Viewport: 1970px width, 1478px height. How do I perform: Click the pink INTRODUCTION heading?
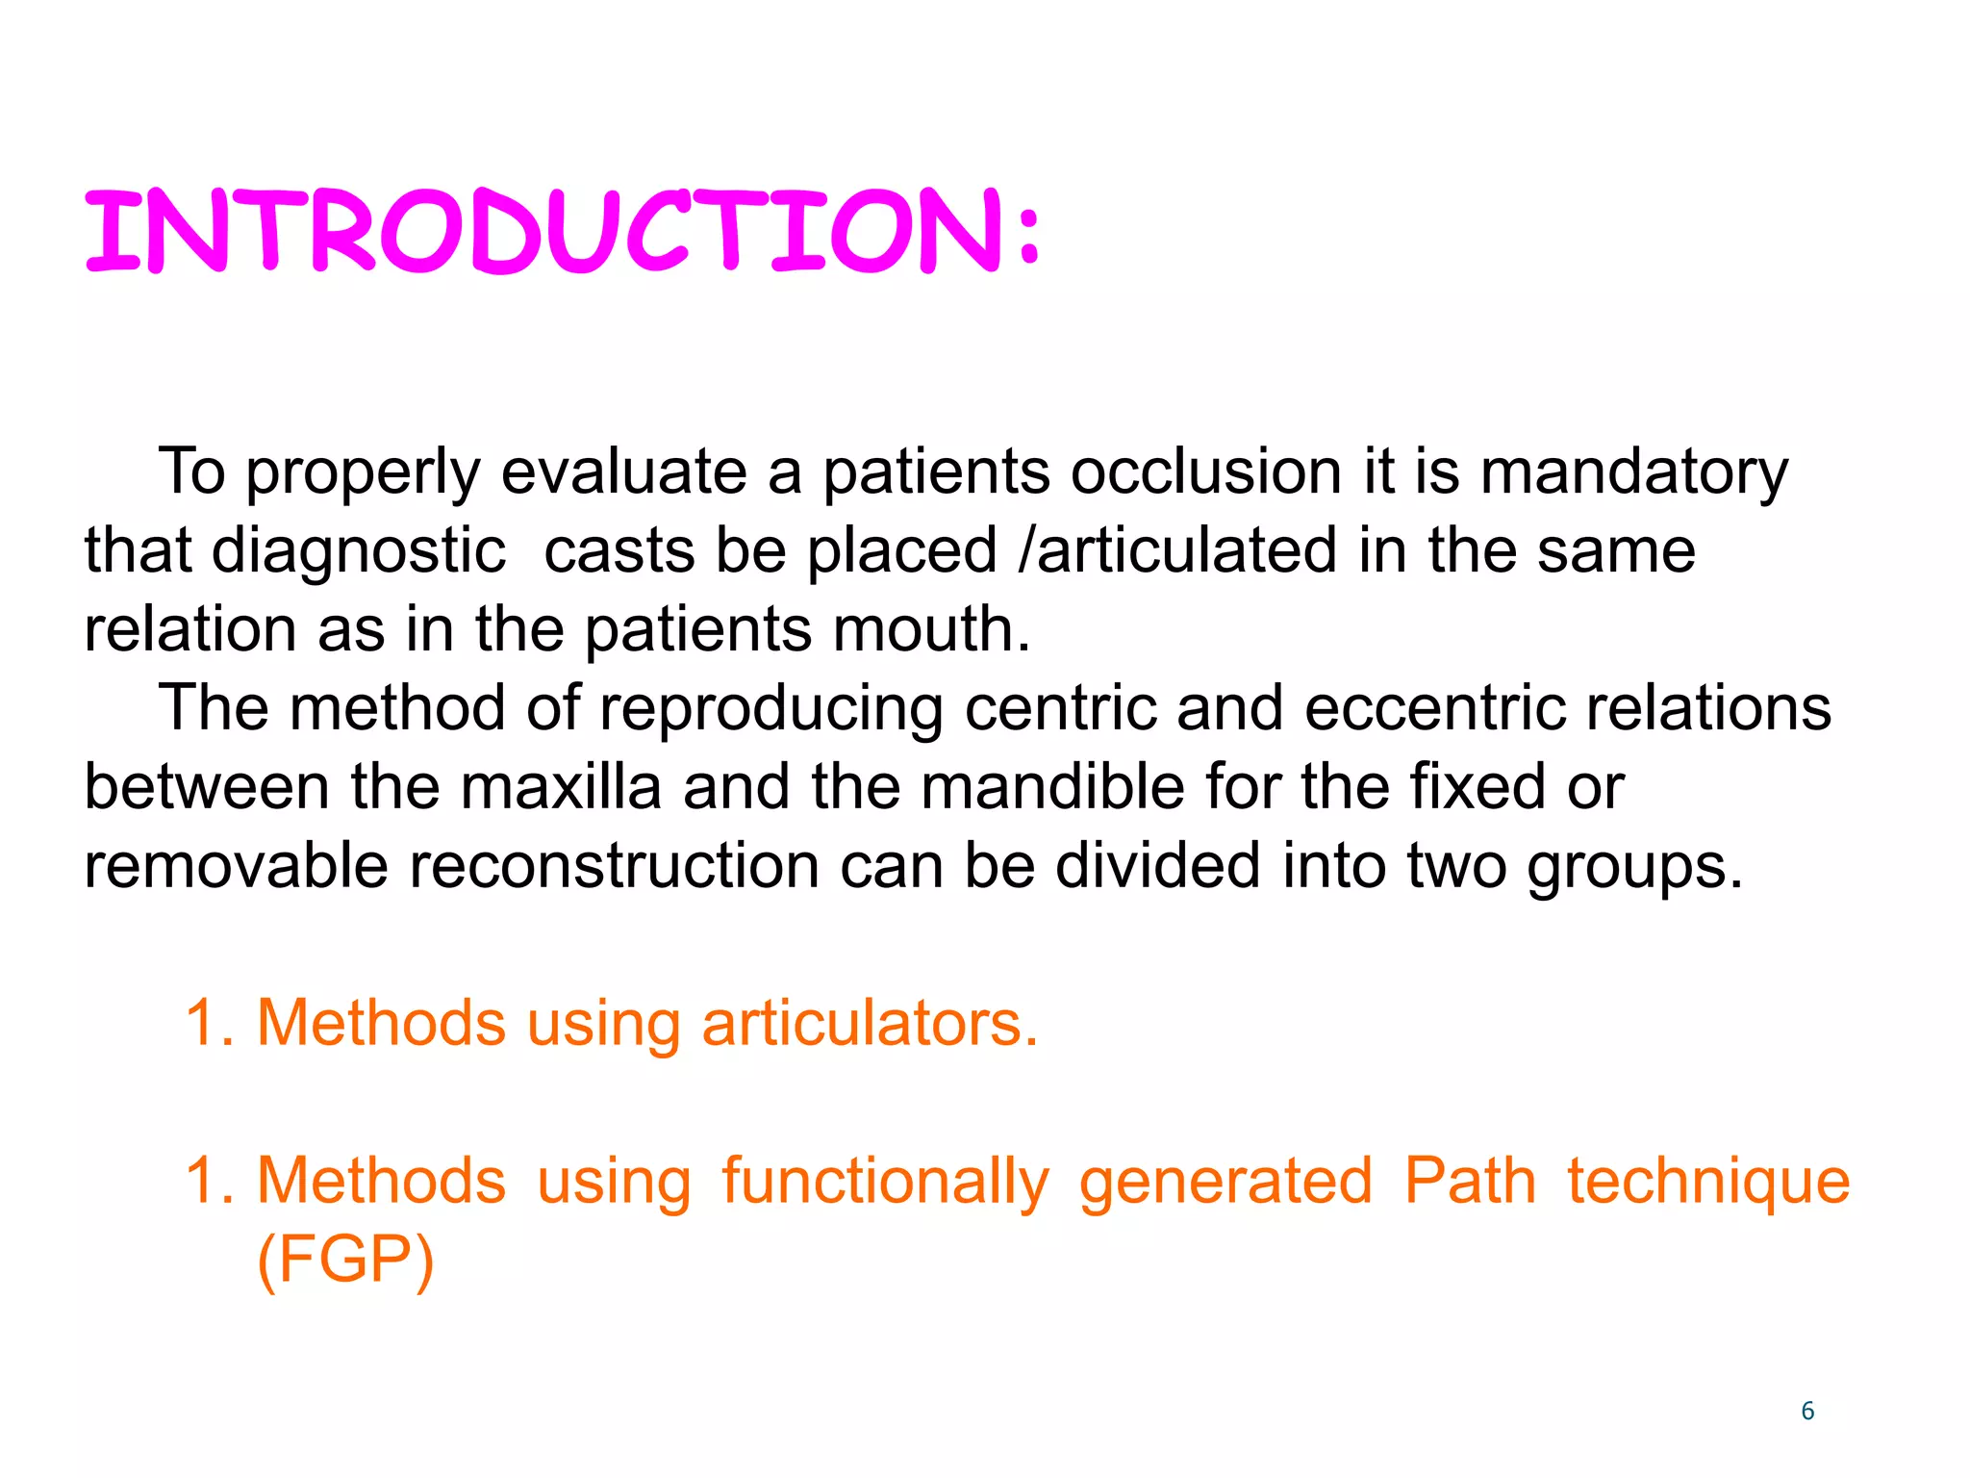[x=563, y=231]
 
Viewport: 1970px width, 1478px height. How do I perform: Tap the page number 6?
[x=1807, y=1411]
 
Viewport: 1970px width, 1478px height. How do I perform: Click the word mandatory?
[x=1633, y=472]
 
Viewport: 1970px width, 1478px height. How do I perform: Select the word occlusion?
[x=1206, y=472]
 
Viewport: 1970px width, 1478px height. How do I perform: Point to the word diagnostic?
[x=358, y=551]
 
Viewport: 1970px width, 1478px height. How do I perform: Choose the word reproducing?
[x=770, y=709]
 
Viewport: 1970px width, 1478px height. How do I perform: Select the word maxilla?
[x=561, y=787]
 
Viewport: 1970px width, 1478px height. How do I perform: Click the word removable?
[x=237, y=866]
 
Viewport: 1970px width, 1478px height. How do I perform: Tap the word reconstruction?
[x=614, y=866]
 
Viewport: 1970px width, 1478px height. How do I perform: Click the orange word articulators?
[x=870, y=1023]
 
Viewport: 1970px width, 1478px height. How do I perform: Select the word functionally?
[x=885, y=1182]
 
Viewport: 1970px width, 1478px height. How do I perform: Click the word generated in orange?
[x=1225, y=1182]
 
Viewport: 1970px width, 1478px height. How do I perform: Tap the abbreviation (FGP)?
[x=345, y=1260]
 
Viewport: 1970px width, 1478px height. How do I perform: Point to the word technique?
[x=1708, y=1182]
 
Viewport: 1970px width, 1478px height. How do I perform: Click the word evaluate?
[x=623, y=472]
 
